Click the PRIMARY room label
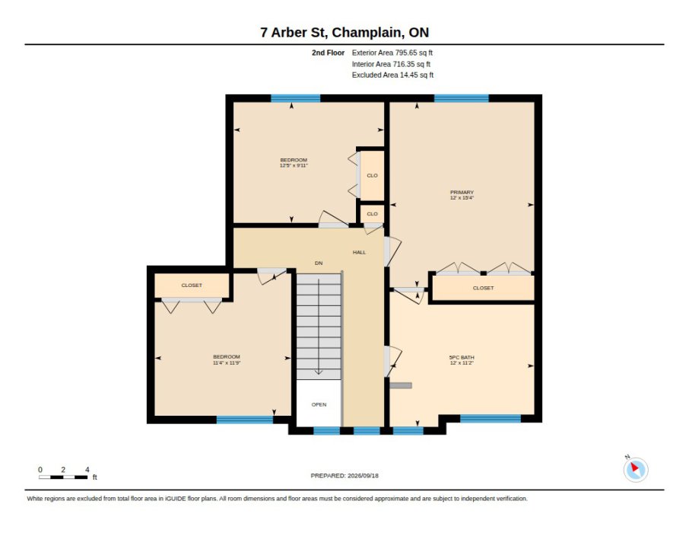[462, 193]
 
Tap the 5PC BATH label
[462, 357]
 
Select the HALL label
[359, 252]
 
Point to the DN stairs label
[319, 263]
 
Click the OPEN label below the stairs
[319, 404]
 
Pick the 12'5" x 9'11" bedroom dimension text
[294, 165]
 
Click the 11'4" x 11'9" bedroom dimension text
[227, 362]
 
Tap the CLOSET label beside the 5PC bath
[484, 288]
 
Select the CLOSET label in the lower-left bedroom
[192, 286]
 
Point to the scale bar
[63, 477]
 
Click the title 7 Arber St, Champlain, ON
[344, 33]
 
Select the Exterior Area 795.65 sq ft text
[392, 53]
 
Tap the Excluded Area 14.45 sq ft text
[392, 75]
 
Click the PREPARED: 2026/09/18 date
[344, 476]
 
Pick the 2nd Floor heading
[328, 53]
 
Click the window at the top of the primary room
[462, 98]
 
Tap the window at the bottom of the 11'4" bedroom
[245, 420]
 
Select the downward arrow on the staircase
[319, 327]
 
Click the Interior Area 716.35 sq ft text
[391, 64]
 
